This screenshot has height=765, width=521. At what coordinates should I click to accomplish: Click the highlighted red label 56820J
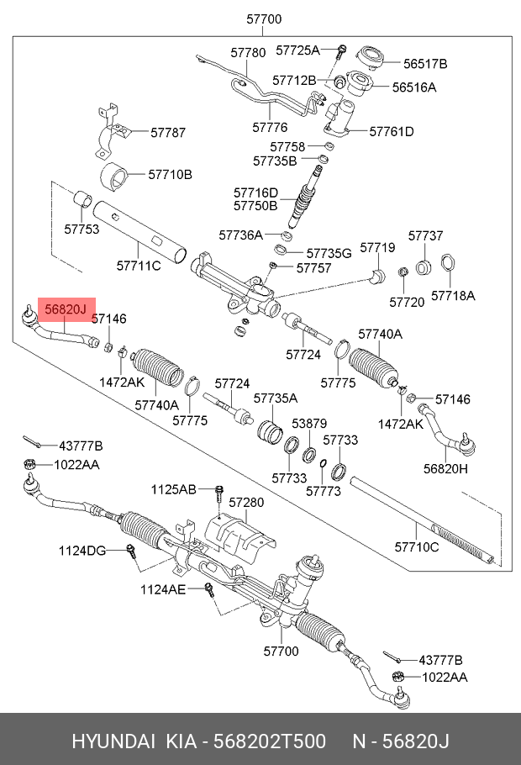pyautogui.click(x=66, y=310)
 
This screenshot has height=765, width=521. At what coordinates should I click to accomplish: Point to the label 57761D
pyautogui.click(x=392, y=131)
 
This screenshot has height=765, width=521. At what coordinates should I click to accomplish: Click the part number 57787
pyautogui.click(x=168, y=132)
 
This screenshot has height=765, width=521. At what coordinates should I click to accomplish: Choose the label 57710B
pyautogui.click(x=171, y=175)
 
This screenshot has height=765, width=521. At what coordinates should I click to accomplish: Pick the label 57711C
pyautogui.click(x=138, y=266)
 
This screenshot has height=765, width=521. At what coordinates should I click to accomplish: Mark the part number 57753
pyautogui.click(x=82, y=229)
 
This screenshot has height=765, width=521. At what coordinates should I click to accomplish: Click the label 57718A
pyautogui.click(x=453, y=295)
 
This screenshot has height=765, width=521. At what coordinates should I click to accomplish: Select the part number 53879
pyautogui.click(x=309, y=424)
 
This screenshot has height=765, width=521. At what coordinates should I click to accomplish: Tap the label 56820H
pyautogui.click(x=445, y=469)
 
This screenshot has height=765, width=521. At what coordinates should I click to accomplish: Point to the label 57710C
pyautogui.click(x=417, y=547)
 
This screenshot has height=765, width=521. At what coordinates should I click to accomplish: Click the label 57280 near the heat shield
pyautogui.click(x=246, y=502)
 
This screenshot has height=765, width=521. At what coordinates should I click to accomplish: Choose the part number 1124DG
pyautogui.click(x=82, y=551)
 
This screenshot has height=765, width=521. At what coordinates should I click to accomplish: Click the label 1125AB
pyautogui.click(x=174, y=489)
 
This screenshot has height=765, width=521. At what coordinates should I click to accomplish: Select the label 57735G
pyautogui.click(x=329, y=252)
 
